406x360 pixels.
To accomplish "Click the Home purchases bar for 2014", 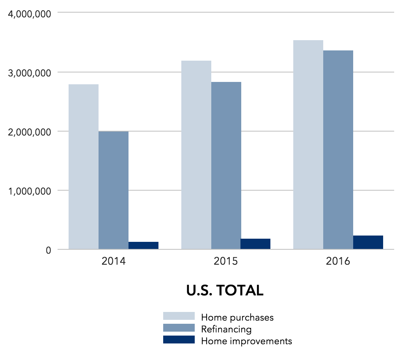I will coord(84,167).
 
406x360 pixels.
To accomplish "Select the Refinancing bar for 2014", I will coord(114,190).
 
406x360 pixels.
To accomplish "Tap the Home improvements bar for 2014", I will coord(143,245).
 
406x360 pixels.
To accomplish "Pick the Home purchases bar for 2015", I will coord(196,155).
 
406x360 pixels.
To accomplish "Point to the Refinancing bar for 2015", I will coord(226,165).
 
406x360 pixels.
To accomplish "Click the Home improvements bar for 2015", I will coord(255,244).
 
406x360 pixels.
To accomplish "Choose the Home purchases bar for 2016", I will coord(308,145).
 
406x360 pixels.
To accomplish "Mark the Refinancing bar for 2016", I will coord(338,150).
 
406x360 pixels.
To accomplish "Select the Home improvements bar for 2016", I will coord(368,242).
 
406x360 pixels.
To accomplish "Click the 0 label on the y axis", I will coord(48,251).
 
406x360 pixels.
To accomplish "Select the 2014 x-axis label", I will coord(114,262).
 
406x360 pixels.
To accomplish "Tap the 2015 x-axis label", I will coord(226,262).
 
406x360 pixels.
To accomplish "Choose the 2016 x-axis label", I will coord(338,262).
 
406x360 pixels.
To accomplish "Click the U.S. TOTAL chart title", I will coord(225,291).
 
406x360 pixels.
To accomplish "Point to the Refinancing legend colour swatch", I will coord(179,328).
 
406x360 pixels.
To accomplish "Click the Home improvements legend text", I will coord(246,341).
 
